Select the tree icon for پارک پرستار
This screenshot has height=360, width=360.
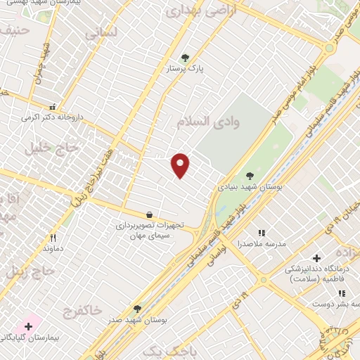click(x=185, y=58)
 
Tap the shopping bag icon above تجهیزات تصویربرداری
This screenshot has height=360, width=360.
click(x=149, y=214)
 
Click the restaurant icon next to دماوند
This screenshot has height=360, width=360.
click(x=53, y=238)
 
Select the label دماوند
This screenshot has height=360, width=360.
click(x=53, y=249)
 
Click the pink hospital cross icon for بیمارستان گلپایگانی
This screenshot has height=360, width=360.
click(x=28, y=326)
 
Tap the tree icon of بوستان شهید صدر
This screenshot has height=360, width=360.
click(x=137, y=308)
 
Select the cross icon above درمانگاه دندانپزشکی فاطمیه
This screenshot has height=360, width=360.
click(x=316, y=258)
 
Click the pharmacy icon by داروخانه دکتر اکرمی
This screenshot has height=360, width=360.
click(x=51, y=108)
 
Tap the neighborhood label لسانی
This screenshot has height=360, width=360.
click(x=98, y=33)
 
